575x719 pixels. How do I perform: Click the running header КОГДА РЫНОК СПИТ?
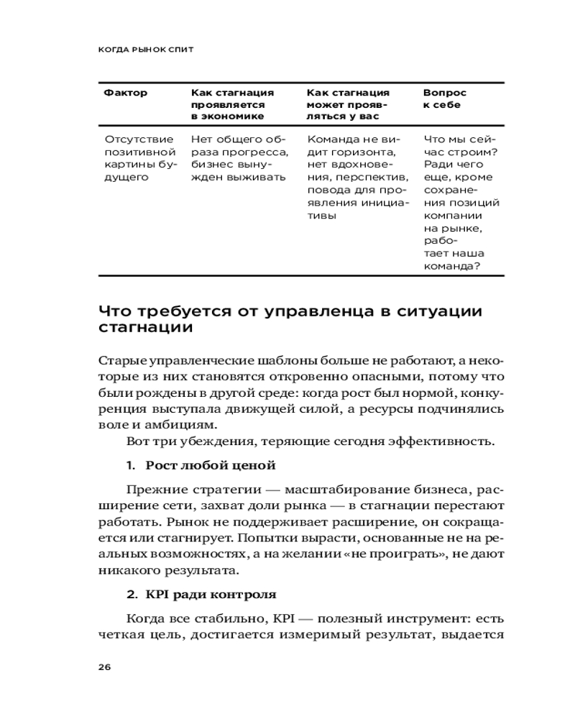tap(146, 50)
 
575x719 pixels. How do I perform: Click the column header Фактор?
tap(126, 93)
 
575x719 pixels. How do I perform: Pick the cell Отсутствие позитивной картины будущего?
tap(140, 158)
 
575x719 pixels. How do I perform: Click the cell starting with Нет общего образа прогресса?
tap(239, 158)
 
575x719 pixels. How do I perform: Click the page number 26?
tap(104, 667)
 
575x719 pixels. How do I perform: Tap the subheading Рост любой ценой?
tap(211, 466)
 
